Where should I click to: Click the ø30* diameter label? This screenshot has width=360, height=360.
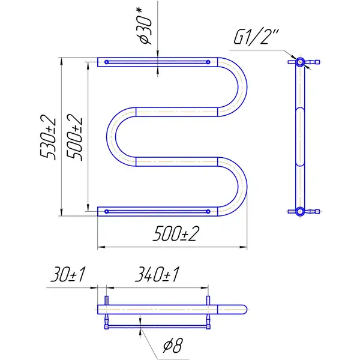click(x=145, y=26)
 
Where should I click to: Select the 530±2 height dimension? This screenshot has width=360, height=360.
click(x=48, y=139)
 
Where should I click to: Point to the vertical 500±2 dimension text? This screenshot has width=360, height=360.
click(x=74, y=139)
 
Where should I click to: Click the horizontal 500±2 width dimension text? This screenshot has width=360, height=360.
click(x=176, y=233)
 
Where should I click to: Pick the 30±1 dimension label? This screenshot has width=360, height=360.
click(x=68, y=274)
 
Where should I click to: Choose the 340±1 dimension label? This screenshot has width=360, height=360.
click(x=157, y=274)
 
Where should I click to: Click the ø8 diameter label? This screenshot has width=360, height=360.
click(x=173, y=346)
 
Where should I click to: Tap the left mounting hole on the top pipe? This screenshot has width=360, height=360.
click(x=107, y=62)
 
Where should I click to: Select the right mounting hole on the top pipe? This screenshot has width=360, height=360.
click(x=208, y=62)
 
